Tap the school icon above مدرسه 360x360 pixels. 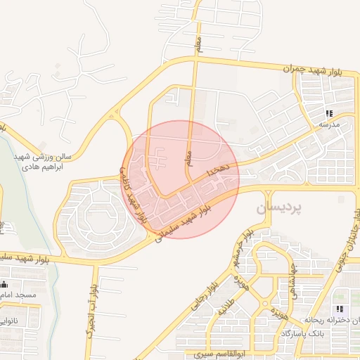pyautogui.click(x=328, y=113)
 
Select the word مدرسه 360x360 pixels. pyautogui.click(x=328, y=124)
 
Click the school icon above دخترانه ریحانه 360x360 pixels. pyautogui.click(x=340, y=309)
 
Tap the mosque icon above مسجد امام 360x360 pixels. pyautogui.click(x=5, y=285)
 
